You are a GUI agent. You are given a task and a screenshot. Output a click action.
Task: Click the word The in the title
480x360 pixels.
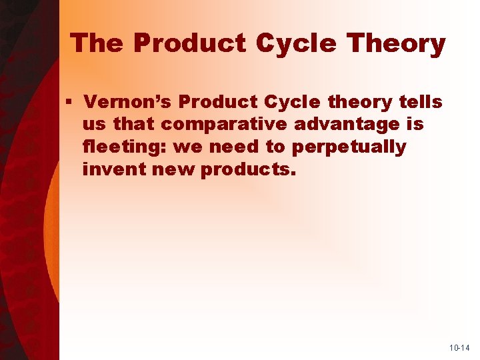(98, 44)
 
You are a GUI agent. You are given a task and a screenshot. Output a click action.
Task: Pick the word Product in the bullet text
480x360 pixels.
(219, 102)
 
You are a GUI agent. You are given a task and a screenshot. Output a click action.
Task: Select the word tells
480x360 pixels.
(419, 102)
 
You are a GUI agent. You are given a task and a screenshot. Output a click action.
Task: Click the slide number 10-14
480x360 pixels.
(459, 348)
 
